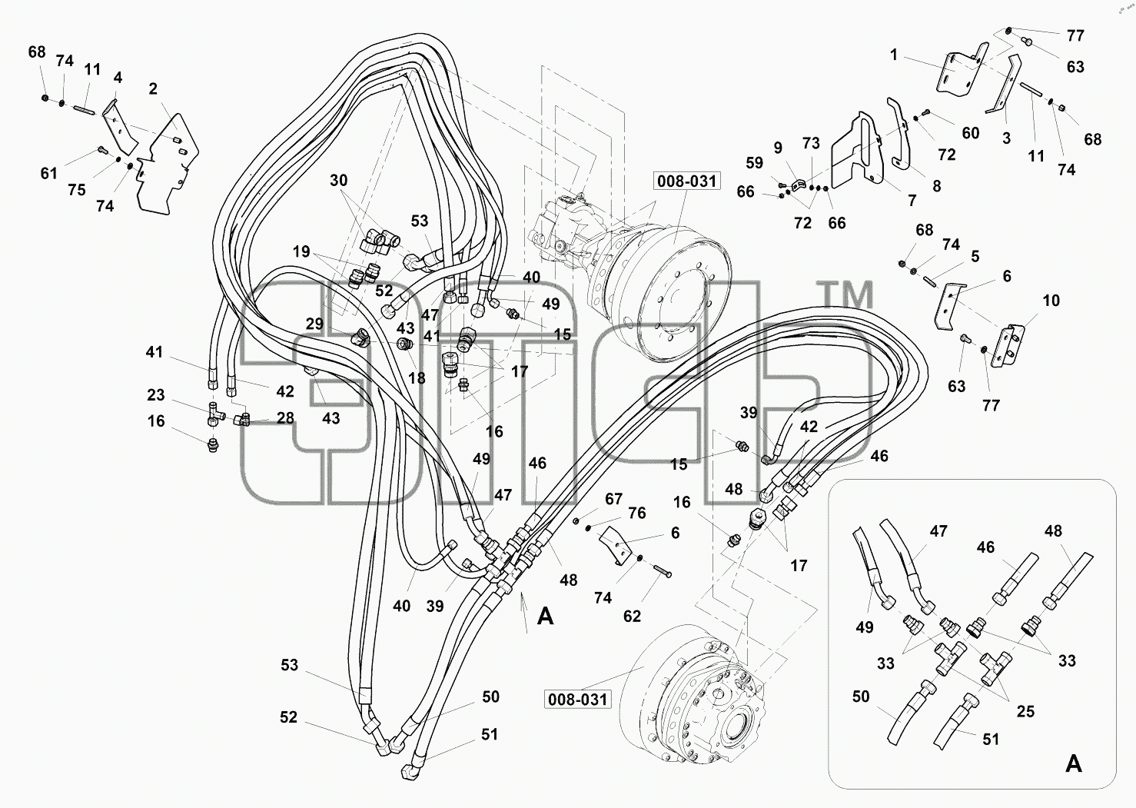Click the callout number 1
click(894, 55)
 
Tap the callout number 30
click(339, 180)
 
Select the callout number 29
click(314, 324)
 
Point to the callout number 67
click(613, 499)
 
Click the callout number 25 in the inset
click(1025, 711)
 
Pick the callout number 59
click(755, 163)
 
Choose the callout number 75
click(77, 190)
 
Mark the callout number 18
click(417, 378)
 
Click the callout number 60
click(971, 133)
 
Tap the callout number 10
click(1051, 301)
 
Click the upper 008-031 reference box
click(686, 181)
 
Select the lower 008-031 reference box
click(578, 700)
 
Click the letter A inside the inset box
click(1074, 764)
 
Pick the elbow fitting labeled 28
click(242, 419)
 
